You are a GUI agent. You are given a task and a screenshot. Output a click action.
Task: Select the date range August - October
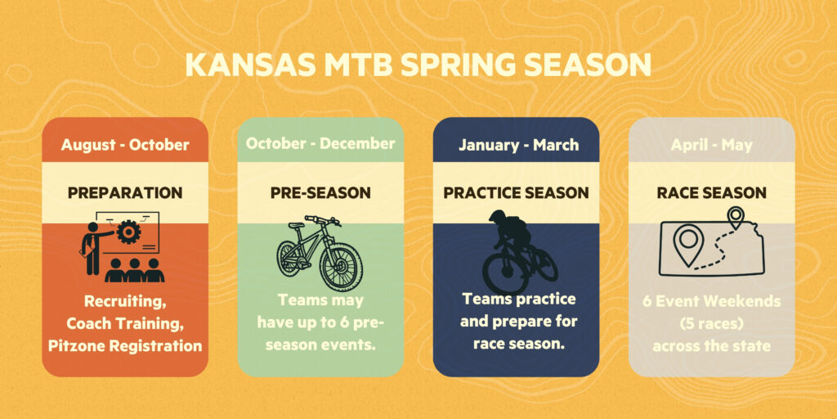point(125,145)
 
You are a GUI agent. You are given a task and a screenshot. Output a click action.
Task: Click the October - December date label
point(320,143)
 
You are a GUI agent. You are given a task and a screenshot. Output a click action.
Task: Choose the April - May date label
point(712,145)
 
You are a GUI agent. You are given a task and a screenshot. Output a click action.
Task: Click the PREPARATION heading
point(125,193)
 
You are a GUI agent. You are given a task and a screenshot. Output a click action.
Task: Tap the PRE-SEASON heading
point(320,193)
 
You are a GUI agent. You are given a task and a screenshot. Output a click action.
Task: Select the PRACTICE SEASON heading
point(517,193)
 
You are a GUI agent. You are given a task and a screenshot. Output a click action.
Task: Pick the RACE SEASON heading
point(712,193)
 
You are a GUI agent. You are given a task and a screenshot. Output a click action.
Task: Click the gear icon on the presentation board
point(128,232)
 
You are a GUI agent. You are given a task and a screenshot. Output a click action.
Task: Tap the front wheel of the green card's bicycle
point(341,266)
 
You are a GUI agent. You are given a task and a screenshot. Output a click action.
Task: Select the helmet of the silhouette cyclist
point(499,218)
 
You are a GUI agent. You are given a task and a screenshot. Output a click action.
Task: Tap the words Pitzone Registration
point(125,346)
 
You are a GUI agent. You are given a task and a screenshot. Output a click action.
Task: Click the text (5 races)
point(712,324)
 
